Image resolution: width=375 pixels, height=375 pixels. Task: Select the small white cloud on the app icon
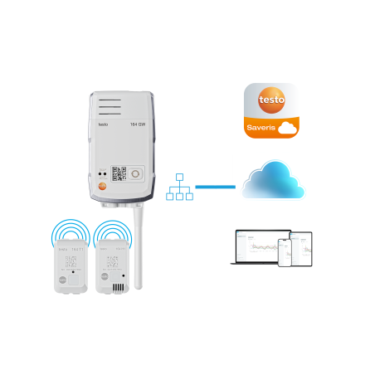pos(287,129)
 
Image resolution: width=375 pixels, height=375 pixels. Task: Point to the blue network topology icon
pos(179,188)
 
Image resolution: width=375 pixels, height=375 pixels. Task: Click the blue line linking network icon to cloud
pos(218,187)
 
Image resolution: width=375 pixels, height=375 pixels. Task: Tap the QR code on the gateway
pos(118,174)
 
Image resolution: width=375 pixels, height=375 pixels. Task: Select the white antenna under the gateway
pos(138,249)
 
